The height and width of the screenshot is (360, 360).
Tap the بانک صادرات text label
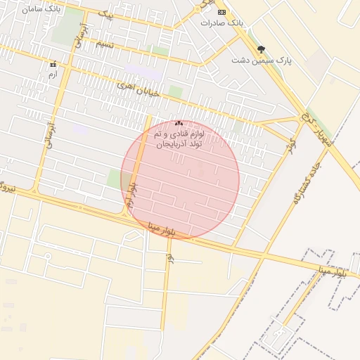221,22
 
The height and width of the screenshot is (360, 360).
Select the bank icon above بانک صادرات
221,12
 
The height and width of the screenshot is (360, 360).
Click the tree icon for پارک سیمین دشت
262,49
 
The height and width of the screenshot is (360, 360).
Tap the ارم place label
53,74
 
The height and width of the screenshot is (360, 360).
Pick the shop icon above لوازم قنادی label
179,123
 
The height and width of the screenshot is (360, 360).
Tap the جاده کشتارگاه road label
304,180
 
